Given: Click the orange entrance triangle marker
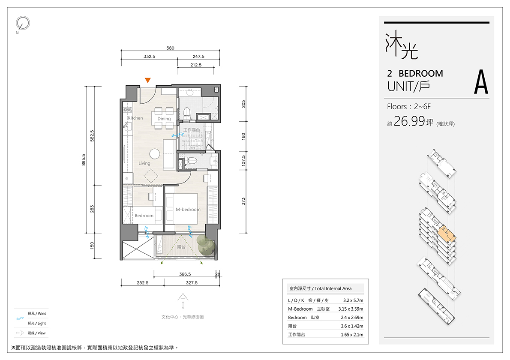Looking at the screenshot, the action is coord(148,80).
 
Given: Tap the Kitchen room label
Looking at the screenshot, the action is coord(135,118).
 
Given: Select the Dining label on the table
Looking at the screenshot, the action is coord(164,119).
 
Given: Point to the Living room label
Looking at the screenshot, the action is coord(144,163).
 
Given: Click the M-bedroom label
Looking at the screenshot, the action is coord(188,210).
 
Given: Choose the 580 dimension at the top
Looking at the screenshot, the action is coord(170,48).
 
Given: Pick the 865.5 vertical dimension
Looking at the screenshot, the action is coord(84,160).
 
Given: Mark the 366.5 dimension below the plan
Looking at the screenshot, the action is coord(185,274).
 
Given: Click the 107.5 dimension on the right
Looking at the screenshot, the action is coord(243,161).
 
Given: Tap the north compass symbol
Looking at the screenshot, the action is coord(23,24).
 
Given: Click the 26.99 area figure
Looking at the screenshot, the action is coord(409,121).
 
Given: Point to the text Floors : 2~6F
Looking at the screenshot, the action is coord(409,106).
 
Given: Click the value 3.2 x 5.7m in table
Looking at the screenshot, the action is coord(353,300).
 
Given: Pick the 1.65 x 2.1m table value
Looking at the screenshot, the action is coord(352,334).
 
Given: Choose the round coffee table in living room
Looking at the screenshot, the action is coord(155,154).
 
